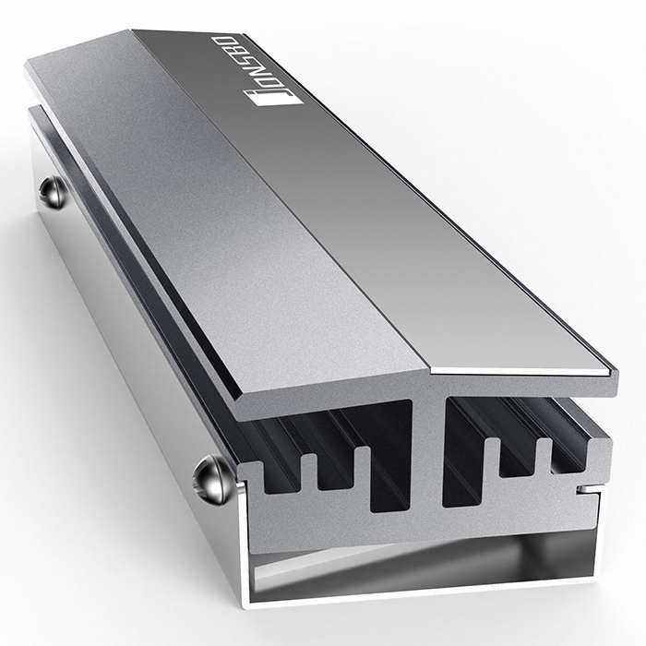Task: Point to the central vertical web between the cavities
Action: (x=427, y=452)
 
